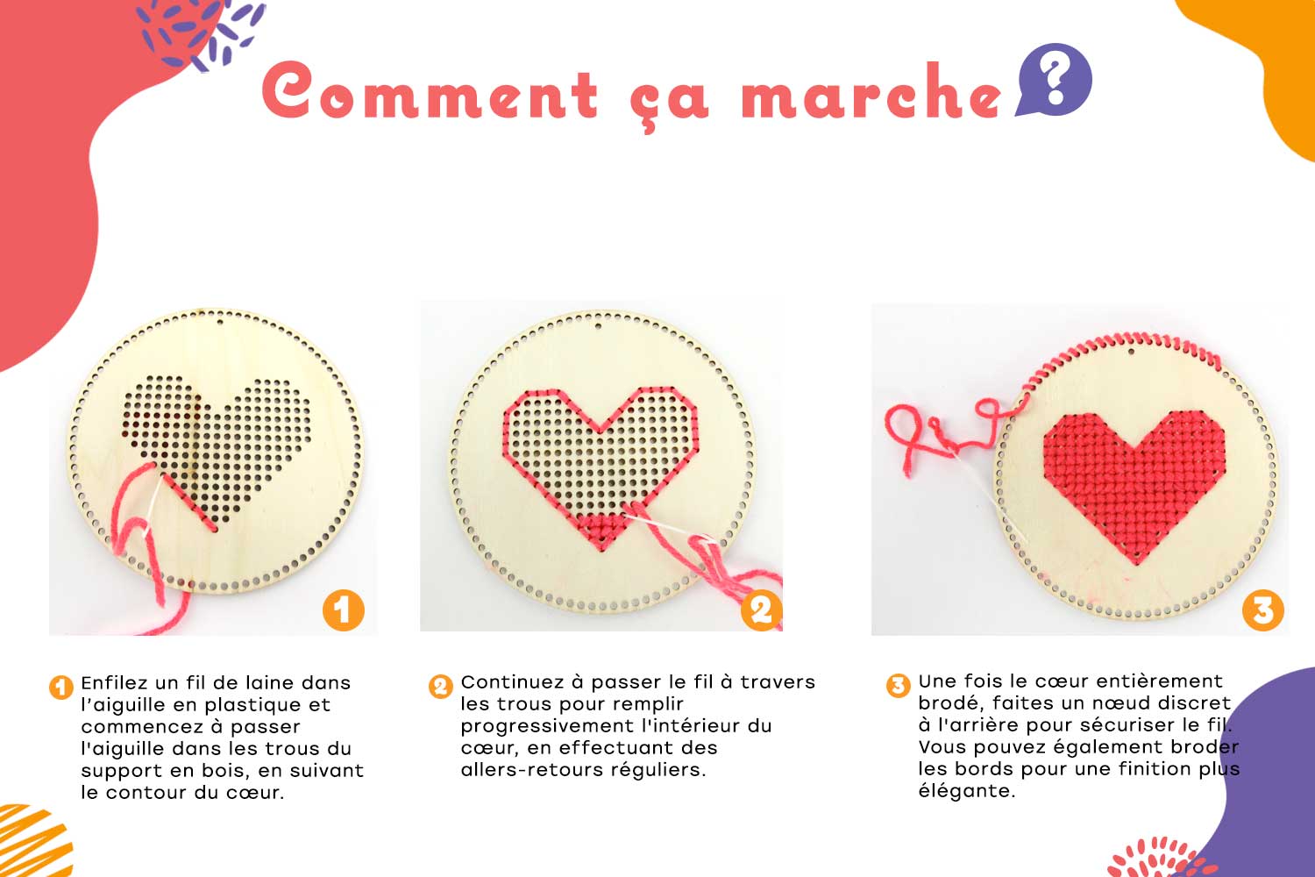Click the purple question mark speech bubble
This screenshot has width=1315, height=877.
click(1055, 79)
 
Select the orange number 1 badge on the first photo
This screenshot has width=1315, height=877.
click(344, 610)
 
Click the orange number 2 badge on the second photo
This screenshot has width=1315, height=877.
click(762, 610)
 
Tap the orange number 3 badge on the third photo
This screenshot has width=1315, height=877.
click(1262, 610)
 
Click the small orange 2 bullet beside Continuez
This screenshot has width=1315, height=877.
click(440, 686)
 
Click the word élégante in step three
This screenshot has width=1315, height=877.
click(966, 791)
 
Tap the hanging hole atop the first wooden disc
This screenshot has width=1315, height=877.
click(220, 321)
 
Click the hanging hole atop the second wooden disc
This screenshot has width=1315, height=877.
click(598, 324)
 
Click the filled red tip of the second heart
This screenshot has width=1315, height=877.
click(601, 531)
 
